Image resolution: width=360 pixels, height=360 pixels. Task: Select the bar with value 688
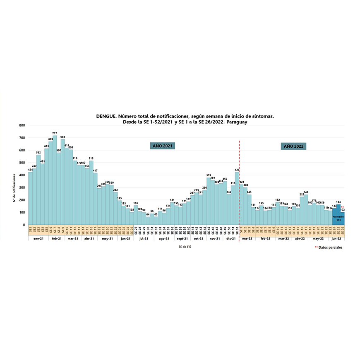coord(63,182)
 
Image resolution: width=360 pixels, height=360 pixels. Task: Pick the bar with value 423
coord(237,199)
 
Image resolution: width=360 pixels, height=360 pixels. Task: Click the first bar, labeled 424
coord(30,198)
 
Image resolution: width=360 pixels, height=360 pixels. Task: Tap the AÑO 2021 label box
coord(162,146)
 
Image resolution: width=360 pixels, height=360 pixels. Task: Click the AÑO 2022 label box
coord(293,146)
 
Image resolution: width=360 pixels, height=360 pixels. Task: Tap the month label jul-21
coord(144,239)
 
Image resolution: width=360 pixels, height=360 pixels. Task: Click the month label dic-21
coord(231,239)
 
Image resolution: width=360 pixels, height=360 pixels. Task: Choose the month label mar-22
coord(283,239)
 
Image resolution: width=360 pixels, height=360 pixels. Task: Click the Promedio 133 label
coord(338,218)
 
